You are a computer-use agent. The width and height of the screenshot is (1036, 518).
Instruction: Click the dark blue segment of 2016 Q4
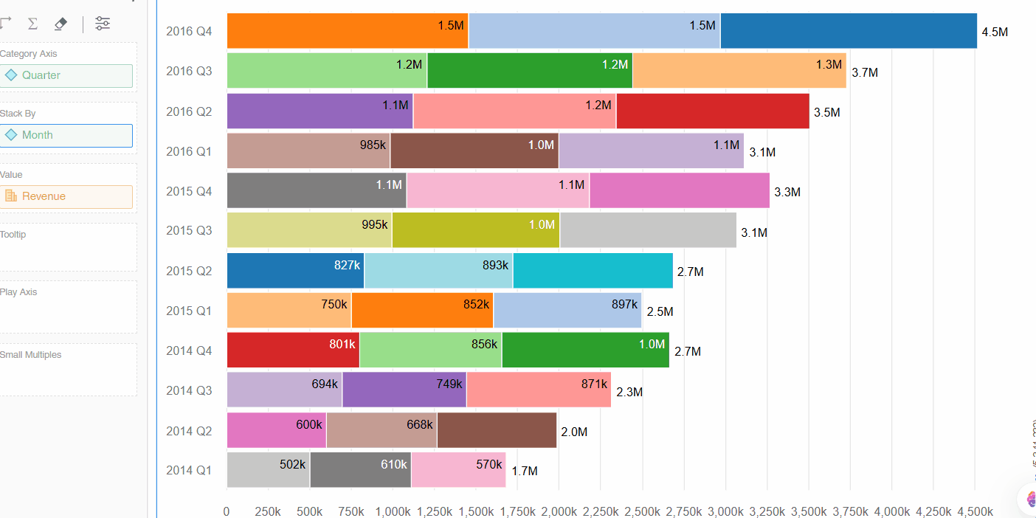849,31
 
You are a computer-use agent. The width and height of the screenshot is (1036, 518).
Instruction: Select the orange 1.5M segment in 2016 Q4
348,31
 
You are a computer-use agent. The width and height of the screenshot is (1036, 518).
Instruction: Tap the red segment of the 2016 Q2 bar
713,111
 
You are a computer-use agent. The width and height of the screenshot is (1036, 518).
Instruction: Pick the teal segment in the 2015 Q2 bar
593,271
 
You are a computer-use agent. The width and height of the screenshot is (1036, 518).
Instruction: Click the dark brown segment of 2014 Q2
497,430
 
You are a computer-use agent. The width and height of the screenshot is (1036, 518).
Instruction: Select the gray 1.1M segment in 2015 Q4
317,190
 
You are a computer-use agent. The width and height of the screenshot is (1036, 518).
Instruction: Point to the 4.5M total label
995,32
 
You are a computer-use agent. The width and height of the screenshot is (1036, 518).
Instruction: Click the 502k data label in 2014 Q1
292,464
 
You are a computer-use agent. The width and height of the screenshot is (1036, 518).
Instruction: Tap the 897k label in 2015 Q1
624,304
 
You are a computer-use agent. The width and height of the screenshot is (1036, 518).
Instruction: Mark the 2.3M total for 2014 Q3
629,393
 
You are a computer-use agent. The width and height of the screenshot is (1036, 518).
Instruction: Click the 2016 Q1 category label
189,151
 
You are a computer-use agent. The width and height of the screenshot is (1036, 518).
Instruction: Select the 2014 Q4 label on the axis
189,350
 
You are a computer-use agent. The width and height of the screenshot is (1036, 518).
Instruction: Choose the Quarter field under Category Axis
66,75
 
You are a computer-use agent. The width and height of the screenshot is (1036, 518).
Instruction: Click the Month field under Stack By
66,135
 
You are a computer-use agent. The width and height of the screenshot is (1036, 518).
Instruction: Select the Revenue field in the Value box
66,196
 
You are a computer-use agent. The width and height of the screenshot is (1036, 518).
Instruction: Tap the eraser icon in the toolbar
61,24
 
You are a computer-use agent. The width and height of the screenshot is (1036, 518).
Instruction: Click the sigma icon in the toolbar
32,24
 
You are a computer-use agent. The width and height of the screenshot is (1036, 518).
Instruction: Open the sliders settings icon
103,24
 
